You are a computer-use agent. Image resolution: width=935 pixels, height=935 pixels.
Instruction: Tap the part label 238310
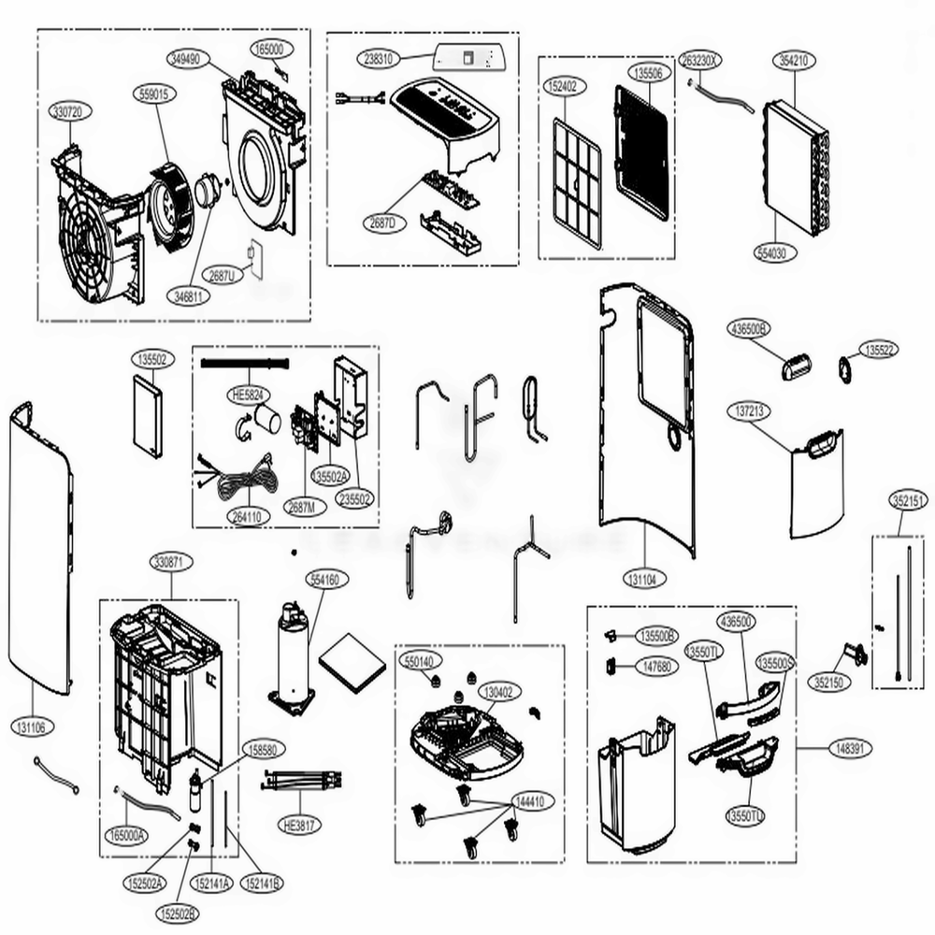click(x=380, y=58)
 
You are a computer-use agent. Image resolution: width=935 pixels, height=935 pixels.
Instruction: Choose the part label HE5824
click(x=245, y=396)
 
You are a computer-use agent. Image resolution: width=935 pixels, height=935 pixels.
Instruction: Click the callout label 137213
click(x=750, y=410)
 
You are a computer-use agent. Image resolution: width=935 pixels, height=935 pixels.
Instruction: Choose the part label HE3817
click(x=299, y=826)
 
